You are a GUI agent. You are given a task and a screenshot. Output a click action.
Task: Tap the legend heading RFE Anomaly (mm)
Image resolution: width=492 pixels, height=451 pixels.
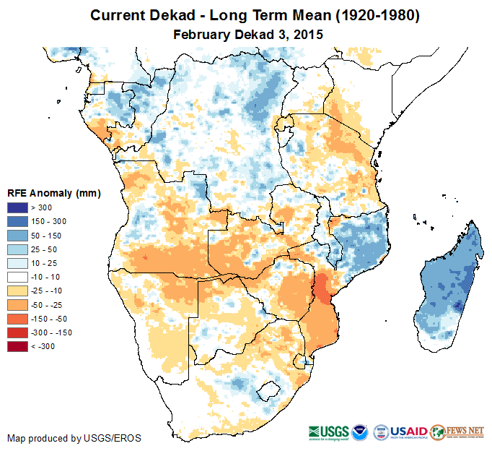pyautogui.click(x=54, y=193)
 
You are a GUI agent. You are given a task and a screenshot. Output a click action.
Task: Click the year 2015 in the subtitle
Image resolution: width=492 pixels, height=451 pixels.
pyautogui.click(x=307, y=34)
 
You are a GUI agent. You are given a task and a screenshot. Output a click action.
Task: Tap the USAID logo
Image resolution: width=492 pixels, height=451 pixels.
pyautogui.click(x=409, y=431)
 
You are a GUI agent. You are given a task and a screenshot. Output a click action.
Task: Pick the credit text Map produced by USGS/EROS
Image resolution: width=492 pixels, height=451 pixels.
pyautogui.click(x=74, y=438)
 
